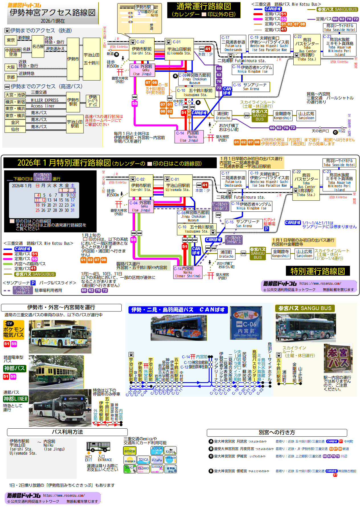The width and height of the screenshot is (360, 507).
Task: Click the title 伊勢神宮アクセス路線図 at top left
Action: pos(52,13)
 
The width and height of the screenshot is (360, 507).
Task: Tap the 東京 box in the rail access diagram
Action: pos(11,40)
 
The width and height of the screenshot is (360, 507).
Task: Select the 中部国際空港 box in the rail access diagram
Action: pos(13,52)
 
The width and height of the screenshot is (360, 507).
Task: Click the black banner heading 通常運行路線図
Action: pos(203,10)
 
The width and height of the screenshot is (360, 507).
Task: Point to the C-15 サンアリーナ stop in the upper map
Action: pos(251,87)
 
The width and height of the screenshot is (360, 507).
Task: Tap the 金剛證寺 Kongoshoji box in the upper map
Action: pos(283,115)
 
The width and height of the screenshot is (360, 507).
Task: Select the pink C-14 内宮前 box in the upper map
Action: pos(189,136)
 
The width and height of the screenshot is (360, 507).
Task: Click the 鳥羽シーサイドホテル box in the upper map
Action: pos(339,27)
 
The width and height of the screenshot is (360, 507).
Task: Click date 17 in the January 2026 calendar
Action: pos(73,200)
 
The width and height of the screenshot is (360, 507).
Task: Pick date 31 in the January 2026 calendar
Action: pos(73,210)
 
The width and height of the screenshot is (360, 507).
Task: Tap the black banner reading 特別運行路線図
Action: pos(318,271)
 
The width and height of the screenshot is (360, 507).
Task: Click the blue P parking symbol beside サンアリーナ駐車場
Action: pos(266,229)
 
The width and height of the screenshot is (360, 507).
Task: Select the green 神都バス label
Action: pos(15,368)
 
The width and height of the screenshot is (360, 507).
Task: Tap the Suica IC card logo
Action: pos(130,469)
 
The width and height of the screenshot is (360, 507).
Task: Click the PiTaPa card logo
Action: pos(157,460)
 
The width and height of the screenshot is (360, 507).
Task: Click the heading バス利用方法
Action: pos(67,432)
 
